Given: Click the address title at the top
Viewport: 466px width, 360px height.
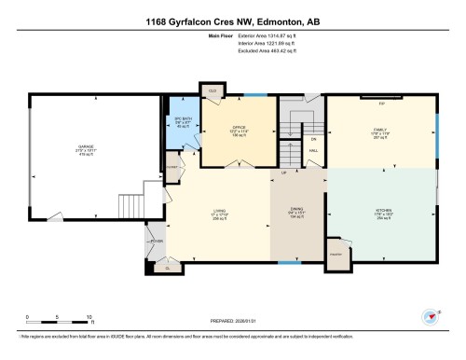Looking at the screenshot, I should pyautogui.click(x=233, y=21).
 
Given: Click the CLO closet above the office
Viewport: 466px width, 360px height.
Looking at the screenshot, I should pyautogui.click(x=212, y=90).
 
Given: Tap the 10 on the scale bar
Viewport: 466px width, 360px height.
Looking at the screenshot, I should pyautogui.click(x=89, y=316).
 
